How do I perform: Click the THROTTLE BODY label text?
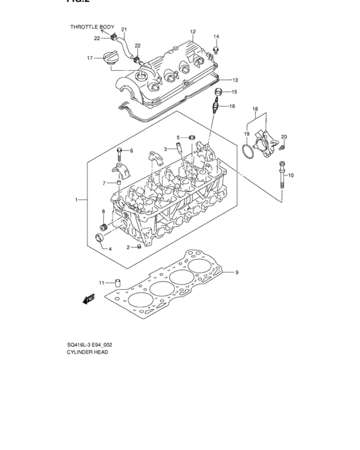[x=92, y=27]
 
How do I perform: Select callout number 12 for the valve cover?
[x=192, y=32]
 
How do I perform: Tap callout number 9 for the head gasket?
[x=237, y=273]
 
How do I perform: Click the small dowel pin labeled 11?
[x=118, y=282]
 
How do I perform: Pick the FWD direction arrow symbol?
[x=89, y=298]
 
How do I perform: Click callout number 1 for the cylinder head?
[x=76, y=201]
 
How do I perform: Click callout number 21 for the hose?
[x=124, y=30]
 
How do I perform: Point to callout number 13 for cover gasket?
[x=235, y=80]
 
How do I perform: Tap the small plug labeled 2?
[x=138, y=248]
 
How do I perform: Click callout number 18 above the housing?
[x=256, y=109]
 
